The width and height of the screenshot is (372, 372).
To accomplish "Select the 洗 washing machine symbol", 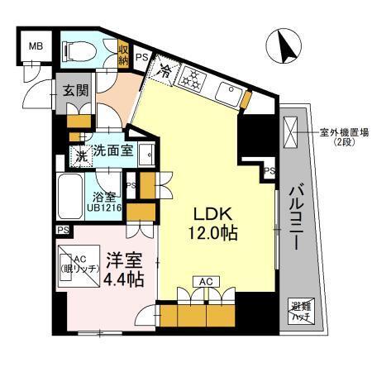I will click(82, 153).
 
